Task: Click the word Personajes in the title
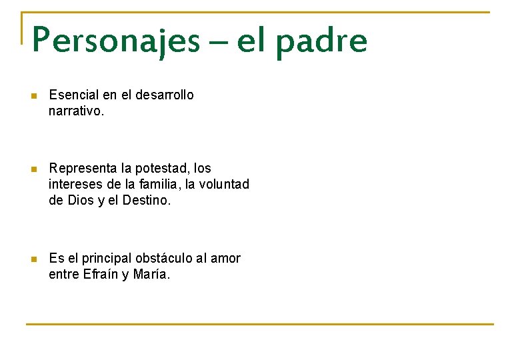[115, 41]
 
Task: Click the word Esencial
[74, 95]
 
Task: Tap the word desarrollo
[165, 95]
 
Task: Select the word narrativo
[76, 111]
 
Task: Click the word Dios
[81, 200]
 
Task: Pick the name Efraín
[101, 274]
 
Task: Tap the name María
[151, 274]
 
